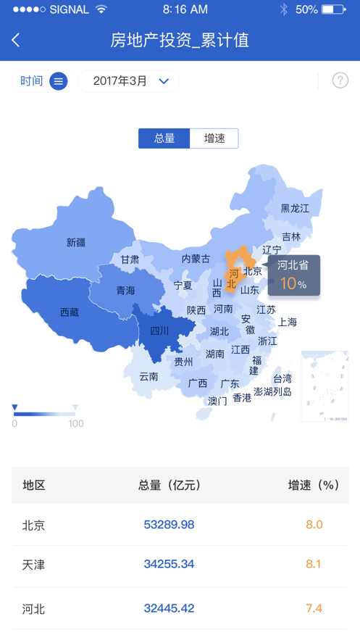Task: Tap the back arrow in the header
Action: [16, 41]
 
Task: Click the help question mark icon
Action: [340, 80]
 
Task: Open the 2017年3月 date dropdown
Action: [128, 81]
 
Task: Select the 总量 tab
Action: [164, 138]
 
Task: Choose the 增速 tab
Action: [214, 138]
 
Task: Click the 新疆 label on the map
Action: [76, 243]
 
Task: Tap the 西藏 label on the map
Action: [70, 313]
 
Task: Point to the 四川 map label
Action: [159, 331]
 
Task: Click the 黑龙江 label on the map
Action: [295, 209]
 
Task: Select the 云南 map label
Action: [148, 377]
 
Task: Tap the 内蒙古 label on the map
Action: [196, 259]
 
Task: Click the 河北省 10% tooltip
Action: [293, 275]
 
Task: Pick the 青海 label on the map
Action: [126, 291]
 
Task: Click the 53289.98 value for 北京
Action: [169, 525]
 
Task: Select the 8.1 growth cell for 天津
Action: [314, 564]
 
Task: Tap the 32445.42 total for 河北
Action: [169, 608]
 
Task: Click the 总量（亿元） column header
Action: [169, 486]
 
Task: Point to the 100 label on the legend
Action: [76, 424]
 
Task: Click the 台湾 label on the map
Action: [282, 379]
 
